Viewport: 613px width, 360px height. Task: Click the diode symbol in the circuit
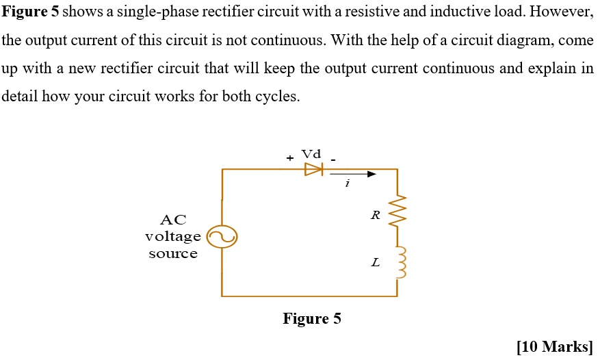tap(313, 169)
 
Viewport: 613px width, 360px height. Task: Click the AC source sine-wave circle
tap(222, 237)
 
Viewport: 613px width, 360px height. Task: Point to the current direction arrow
tap(354, 174)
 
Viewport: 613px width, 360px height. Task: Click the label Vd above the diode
tap(311, 155)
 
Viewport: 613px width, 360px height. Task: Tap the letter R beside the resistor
tap(374, 215)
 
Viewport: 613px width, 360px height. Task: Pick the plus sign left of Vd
tap(290, 158)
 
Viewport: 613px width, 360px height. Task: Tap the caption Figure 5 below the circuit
tap(311, 319)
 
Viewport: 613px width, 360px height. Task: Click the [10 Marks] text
tap(555, 347)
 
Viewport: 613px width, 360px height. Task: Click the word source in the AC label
tap(173, 254)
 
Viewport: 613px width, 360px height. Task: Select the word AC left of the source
tap(172, 220)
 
